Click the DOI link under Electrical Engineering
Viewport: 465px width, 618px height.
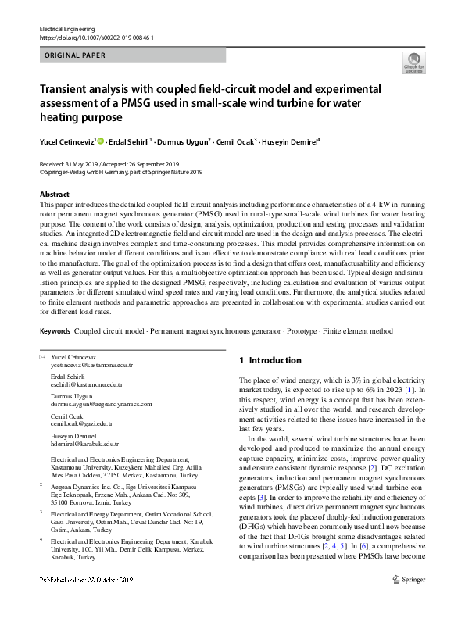coord(96,38)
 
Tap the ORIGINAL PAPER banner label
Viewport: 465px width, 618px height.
coord(75,55)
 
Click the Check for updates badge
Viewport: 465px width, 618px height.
coord(413,63)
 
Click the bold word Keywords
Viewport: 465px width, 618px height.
coord(54,331)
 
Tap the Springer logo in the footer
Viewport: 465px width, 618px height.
coord(412,601)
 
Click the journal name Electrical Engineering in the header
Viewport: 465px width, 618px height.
coord(68,29)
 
